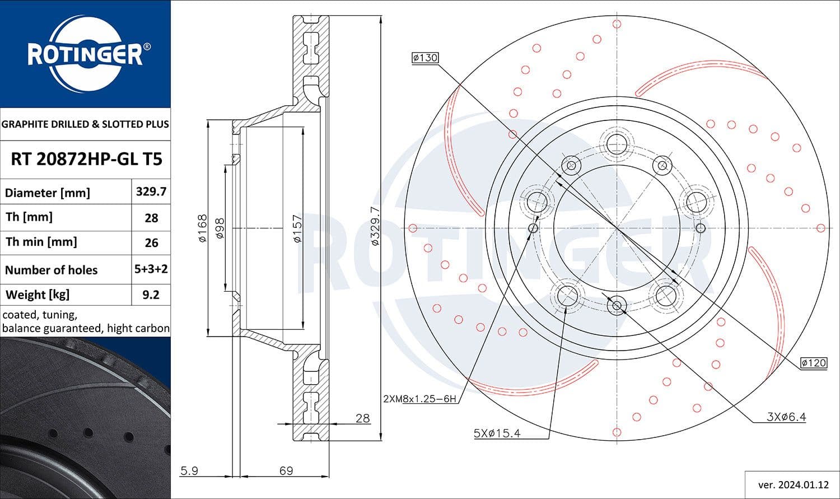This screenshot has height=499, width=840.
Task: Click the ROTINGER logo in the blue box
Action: [85, 54]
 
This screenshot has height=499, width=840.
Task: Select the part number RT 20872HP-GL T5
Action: [86, 160]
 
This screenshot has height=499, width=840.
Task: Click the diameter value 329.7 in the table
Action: [151, 192]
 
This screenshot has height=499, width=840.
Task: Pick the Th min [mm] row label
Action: [41, 242]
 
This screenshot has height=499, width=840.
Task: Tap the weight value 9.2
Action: [151, 295]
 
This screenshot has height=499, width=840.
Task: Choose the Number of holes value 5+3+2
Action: [151, 269]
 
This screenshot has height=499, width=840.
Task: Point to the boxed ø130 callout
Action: [424, 58]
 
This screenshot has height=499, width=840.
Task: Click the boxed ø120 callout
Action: [813, 363]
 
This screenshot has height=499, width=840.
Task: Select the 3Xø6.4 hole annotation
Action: [786, 417]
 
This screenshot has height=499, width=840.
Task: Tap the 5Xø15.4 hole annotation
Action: [497, 433]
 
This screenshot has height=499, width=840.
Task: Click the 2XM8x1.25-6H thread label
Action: [419, 399]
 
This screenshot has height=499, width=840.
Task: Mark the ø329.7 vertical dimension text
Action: [375, 226]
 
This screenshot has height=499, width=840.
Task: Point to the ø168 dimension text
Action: [202, 228]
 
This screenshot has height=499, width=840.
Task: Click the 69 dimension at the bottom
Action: [286, 470]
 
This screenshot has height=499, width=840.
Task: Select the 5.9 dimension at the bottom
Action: [189, 470]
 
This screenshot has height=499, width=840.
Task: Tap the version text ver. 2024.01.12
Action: [792, 484]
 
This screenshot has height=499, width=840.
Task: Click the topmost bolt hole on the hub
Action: [617, 143]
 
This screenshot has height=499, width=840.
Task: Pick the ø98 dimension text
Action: [220, 228]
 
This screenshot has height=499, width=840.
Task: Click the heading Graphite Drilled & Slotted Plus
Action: [85, 124]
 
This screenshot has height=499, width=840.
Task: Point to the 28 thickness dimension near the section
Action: [362, 418]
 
